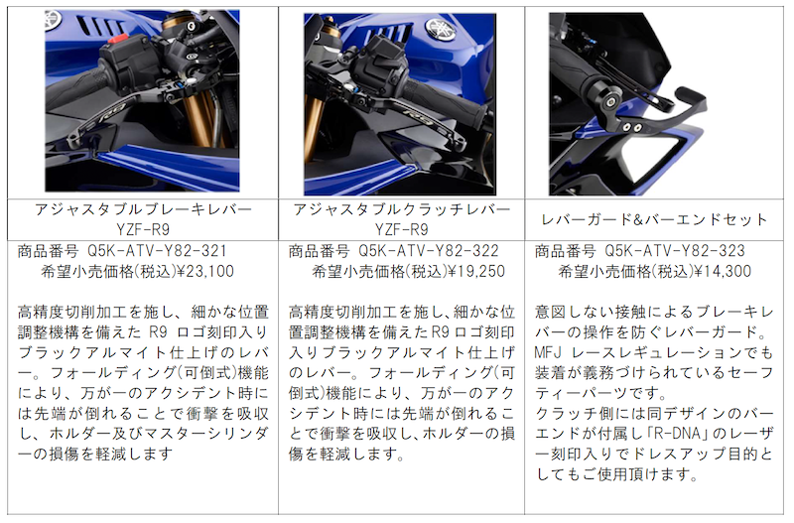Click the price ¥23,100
click(x=205, y=271)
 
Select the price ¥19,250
click(x=476, y=271)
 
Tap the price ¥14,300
click(x=723, y=271)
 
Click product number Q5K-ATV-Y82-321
click(x=157, y=251)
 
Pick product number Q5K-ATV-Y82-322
click(x=429, y=251)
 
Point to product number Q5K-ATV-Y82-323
click(x=675, y=251)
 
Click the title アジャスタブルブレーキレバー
click(x=143, y=209)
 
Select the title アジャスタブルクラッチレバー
click(x=402, y=209)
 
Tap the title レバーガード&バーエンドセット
click(x=654, y=219)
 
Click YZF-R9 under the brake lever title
click(x=143, y=230)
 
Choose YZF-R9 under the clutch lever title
click(x=402, y=230)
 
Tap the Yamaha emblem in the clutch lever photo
click(x=440, y=29)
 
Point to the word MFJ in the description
click(x=548, y=352)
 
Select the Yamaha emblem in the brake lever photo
click(x=53, y=20)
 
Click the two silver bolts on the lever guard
click(x=632, y=127)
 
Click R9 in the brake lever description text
click(x=158, y=332)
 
